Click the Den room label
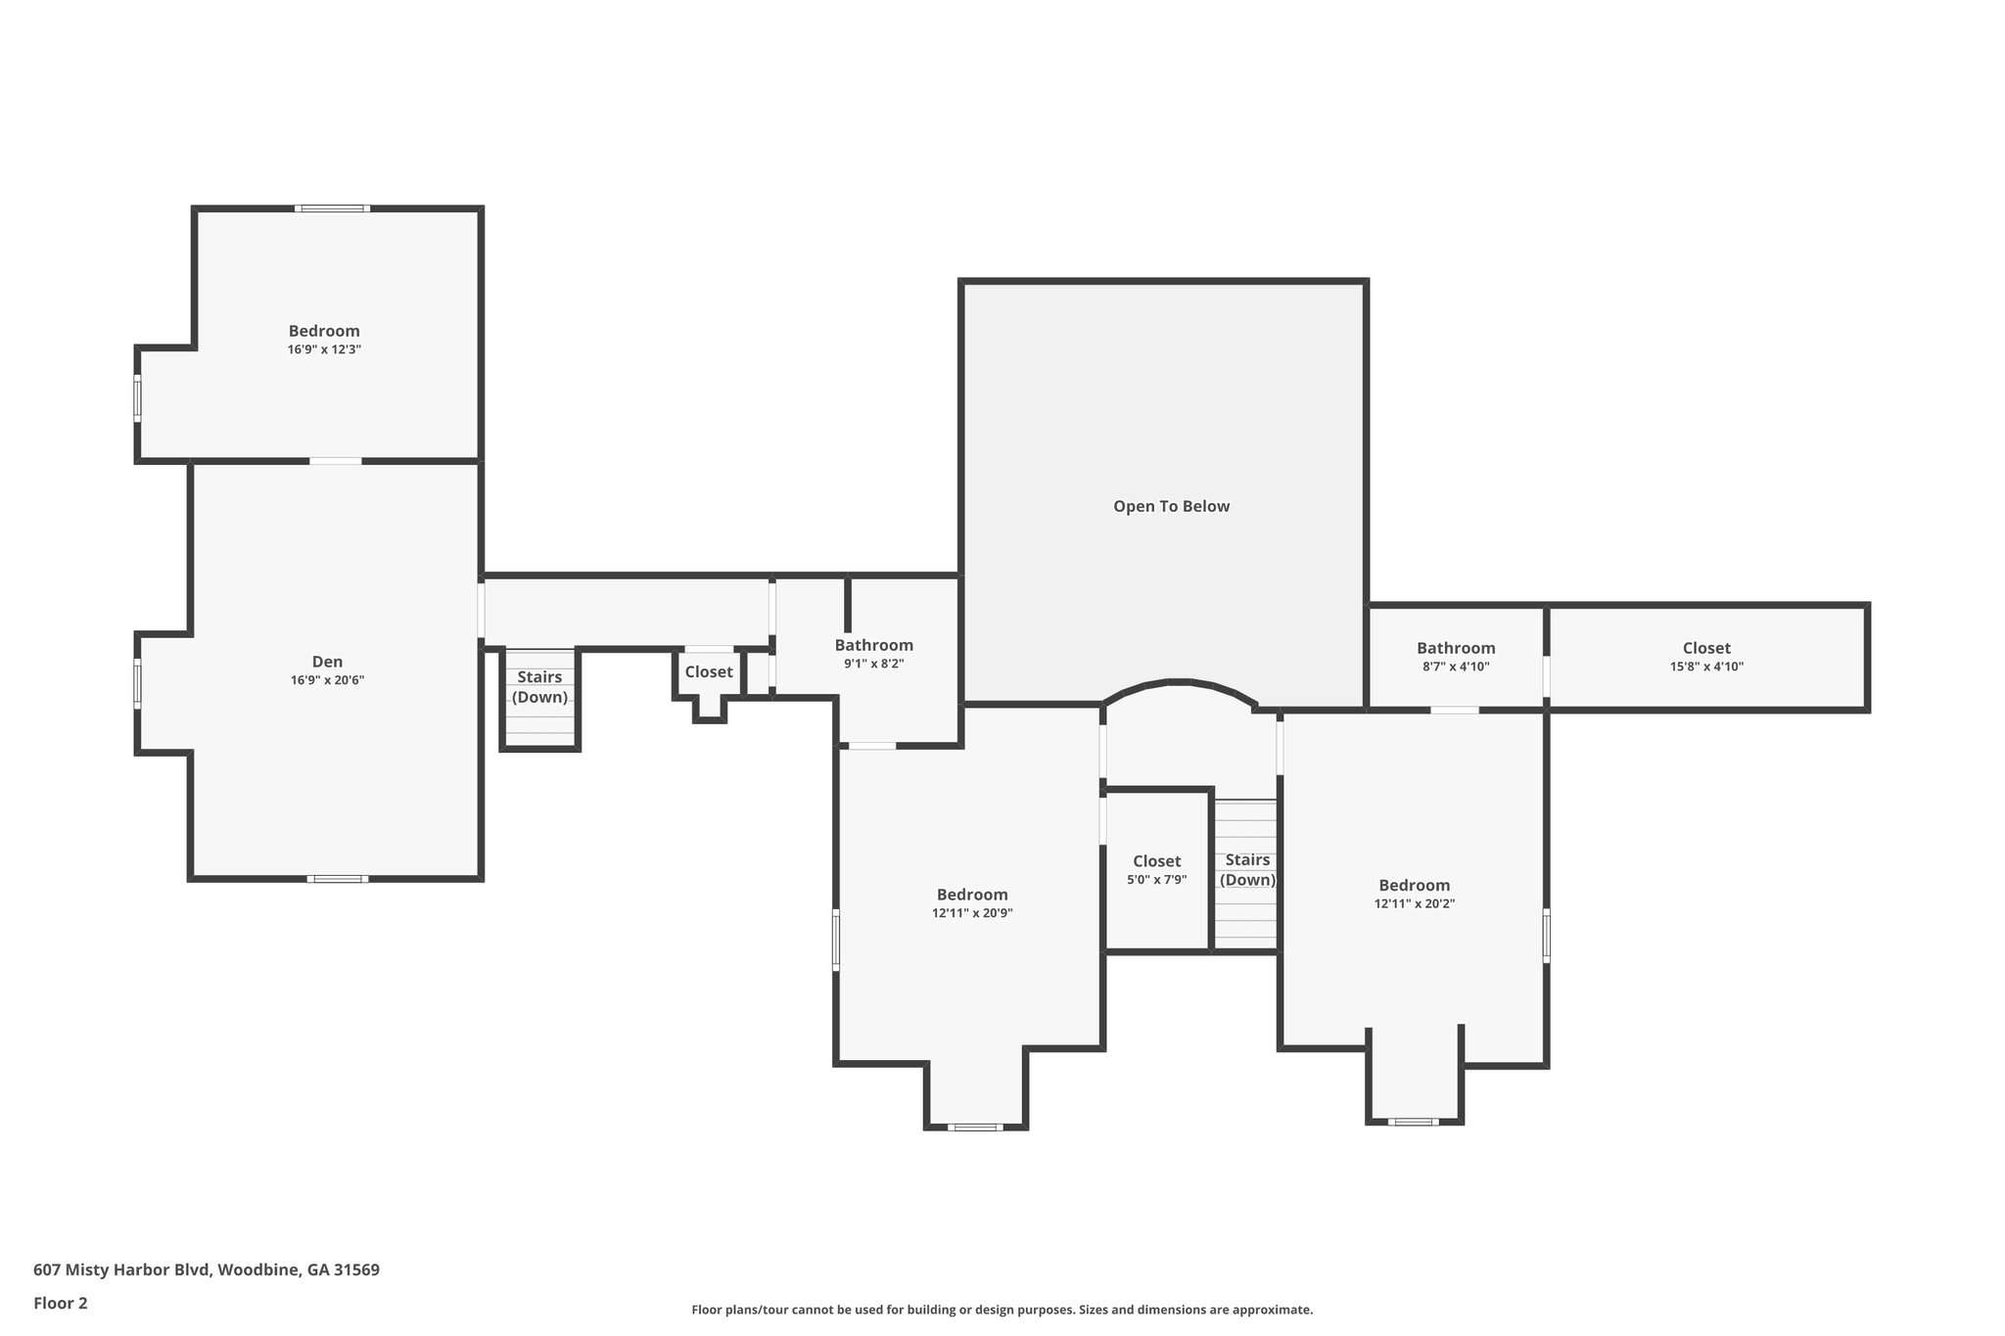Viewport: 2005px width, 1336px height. point(327,663)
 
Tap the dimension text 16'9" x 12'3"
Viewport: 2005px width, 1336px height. point(324,349)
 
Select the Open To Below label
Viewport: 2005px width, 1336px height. point(1171,506)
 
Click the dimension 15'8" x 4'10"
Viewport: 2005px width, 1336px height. point(1706,667)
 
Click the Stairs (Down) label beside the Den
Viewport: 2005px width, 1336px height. point(539,687)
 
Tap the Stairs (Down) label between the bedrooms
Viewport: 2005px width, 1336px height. point(1247,869)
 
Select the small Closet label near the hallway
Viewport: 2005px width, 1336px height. point(708,671)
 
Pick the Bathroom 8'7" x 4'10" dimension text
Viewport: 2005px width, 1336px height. point(1455,667)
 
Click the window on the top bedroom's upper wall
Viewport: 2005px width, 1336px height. point(333,208)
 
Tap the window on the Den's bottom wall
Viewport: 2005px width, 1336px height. point(338,879)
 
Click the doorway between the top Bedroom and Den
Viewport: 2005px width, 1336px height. point(336,461)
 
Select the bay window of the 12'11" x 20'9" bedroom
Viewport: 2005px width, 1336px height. point(975,1128)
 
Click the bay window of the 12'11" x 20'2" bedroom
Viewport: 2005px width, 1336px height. point(1414,1122)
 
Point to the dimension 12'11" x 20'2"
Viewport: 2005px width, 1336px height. point(1414,904)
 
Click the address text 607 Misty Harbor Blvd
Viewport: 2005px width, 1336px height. point(206,1269)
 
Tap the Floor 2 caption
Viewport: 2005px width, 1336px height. point(61,1303)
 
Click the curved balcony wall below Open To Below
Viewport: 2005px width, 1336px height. point(1180,683)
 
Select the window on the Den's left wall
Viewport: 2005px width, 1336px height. point(138,683)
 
